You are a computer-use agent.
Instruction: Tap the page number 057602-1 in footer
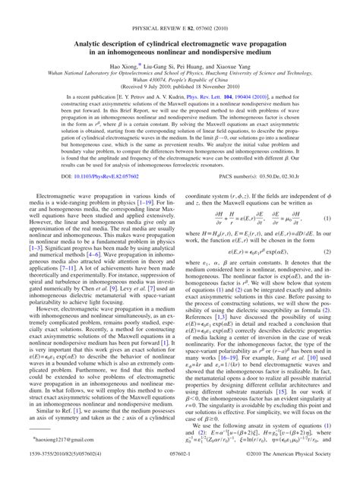[x=180, y=472]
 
